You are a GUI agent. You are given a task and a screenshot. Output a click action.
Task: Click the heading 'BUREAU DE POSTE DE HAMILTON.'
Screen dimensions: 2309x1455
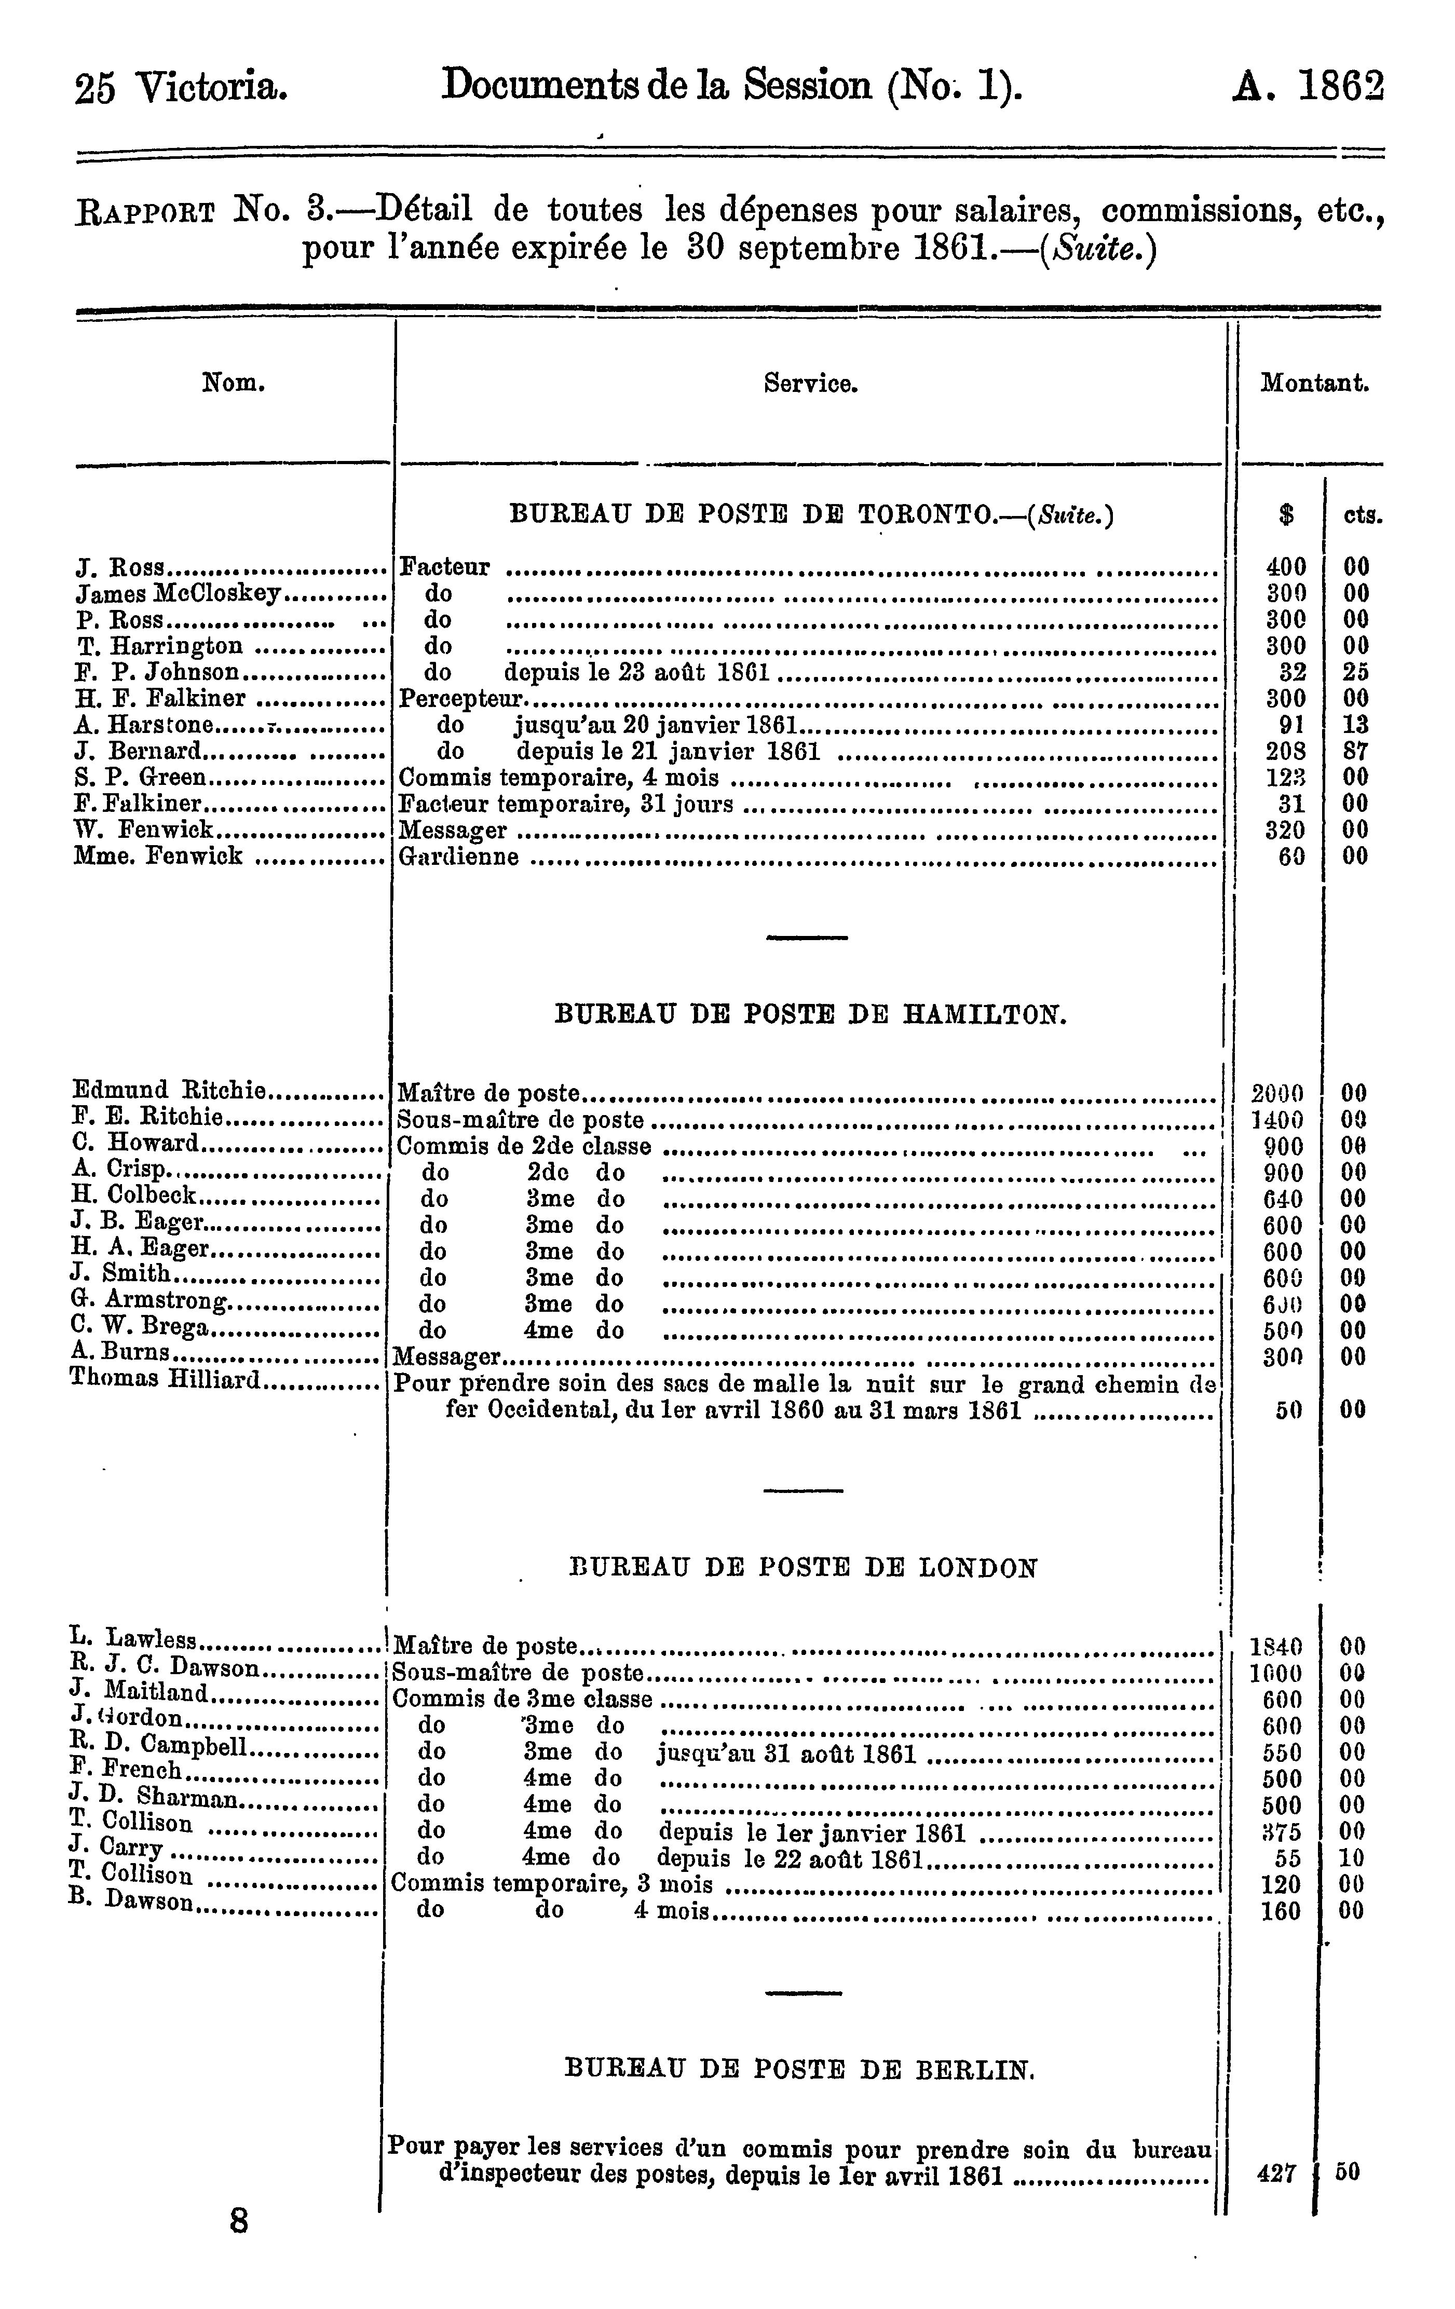[810, 1014]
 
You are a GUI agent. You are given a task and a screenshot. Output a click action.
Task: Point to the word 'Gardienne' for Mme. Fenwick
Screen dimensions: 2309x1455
[458, 857]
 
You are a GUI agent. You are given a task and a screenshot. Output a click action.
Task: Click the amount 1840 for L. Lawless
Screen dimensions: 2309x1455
[1276, 1647]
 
